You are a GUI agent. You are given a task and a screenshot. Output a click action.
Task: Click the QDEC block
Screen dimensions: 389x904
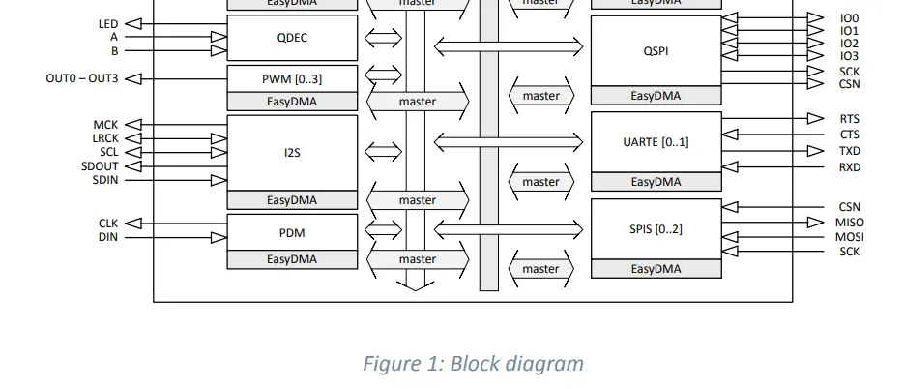click(x=292, y=38)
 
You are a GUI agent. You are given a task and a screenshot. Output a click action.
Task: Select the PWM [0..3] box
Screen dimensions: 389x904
click(x=292, y=78)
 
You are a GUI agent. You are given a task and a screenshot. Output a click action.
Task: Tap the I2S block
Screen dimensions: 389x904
click(x=292, y=152)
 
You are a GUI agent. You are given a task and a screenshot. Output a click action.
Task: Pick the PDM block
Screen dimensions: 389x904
click(x=292, y=232)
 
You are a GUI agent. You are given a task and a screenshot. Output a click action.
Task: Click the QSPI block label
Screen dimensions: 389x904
click(x=656, y=51)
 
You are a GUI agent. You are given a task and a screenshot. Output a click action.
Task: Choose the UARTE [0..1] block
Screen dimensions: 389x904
click(x=656, y=142)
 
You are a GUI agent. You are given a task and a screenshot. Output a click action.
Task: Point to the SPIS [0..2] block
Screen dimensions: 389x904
click(x=656, y=229)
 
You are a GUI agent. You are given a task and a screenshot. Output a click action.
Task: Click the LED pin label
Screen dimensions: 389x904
click(x=108, y=23)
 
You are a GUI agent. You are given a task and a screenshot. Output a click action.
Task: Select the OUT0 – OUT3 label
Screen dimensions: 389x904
click(x=82, y=78)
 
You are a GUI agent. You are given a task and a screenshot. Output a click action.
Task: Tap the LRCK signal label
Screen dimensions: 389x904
click(x=105, y=138)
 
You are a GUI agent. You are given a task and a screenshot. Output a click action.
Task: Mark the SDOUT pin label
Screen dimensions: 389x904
click(x=100, y=165)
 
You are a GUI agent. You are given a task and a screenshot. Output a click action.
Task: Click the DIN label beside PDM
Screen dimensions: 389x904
click(x=107, y=237)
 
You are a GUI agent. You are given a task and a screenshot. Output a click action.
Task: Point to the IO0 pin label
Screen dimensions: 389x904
click(x=849, y=18)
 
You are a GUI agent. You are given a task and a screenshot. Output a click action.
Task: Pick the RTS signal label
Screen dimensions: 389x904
click(x=850, y=119)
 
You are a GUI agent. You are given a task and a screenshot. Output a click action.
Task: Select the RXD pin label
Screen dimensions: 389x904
click(x=850, y=167)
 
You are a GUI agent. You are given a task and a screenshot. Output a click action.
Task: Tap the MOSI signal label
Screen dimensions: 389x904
click(x=850, y=237)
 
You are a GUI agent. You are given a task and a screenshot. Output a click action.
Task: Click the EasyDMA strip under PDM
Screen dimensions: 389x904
click(x=292, y=259)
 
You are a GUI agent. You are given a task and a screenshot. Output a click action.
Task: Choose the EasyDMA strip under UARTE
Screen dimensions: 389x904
click(x=656, y=182)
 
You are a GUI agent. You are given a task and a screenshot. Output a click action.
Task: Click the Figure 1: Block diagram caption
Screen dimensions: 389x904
click(x=473, y=364)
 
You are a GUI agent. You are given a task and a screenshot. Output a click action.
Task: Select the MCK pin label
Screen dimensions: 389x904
click(x=105, y=125)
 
